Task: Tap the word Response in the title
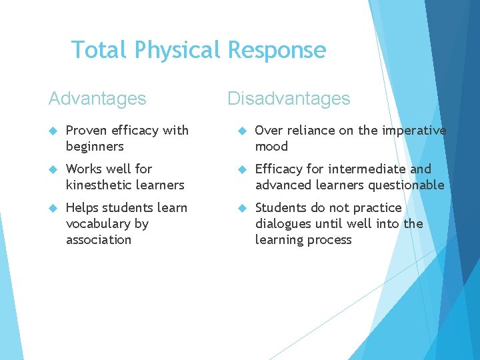(x=277, y=50)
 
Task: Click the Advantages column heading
(x=97, y=99)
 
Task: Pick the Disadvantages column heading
(x=289, y=99)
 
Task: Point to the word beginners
(x=95, y=147)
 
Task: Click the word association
(x=99, y=240)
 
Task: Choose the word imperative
(x=414, y=131)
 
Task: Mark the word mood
(x=271, y=147)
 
